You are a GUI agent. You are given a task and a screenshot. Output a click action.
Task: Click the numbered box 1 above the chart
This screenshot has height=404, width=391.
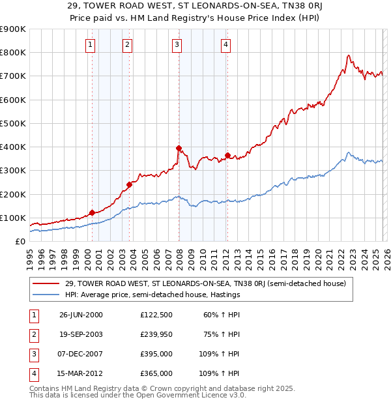[x=90, y=45]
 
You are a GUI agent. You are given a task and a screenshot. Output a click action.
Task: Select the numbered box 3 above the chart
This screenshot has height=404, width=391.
[x=177, y=45]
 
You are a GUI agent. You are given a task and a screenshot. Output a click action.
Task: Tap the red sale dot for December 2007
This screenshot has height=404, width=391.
[x=179, y=148]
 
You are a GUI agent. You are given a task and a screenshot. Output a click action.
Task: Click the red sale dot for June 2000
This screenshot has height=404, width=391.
[x=92, y=212]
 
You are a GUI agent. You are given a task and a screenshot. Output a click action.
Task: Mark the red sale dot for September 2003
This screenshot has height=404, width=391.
[x=129, y=184]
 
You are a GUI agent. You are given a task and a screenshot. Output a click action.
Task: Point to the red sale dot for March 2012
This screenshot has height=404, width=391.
[x=227, y=155]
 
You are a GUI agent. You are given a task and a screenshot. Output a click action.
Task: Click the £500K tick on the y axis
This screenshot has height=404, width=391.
[x=12, y=123]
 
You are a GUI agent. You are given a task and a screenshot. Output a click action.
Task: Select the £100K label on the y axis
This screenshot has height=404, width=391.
[x=12, y=218]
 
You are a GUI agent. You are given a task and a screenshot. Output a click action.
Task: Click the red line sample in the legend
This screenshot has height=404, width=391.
[x=47, y=283]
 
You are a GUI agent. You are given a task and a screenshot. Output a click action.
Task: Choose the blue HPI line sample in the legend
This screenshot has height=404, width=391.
[x=47, y=295]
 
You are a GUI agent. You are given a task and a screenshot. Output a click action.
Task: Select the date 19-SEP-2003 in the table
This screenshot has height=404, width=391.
[x=81, y=334]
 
